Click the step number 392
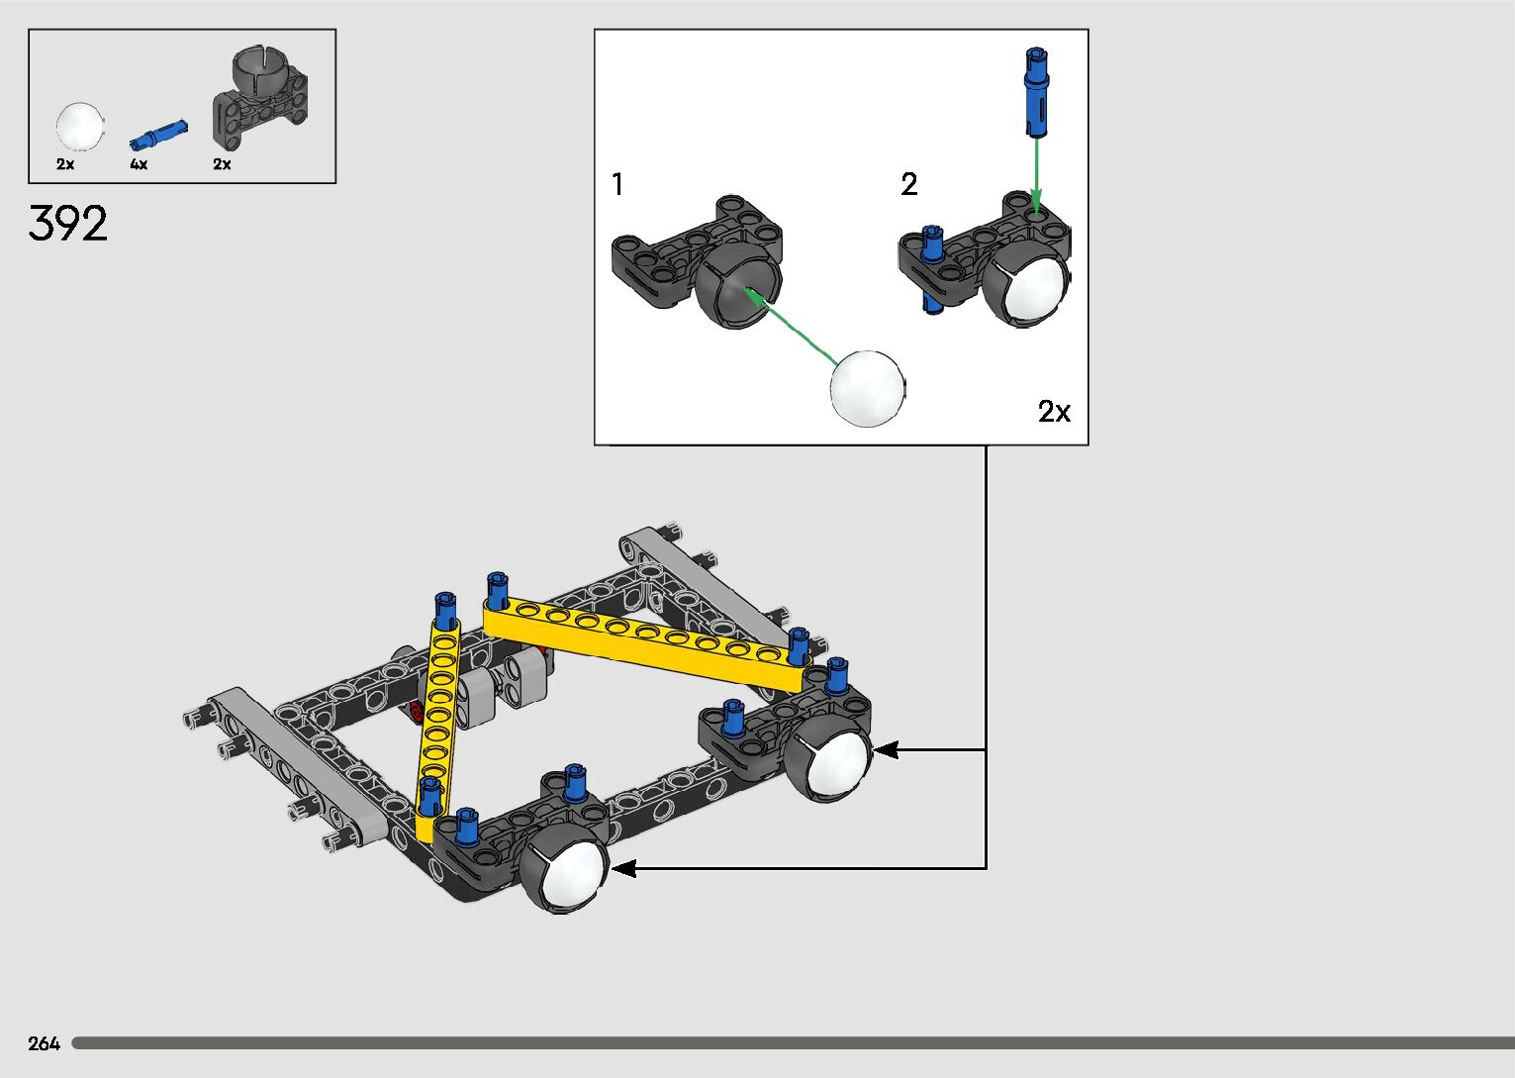(x=67, y=223)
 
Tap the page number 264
(x=44, y=1043)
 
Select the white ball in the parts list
(x=80, y=127)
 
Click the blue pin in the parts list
(x=158, y=135)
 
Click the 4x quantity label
(x=139, y=164)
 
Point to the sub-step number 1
(x=616, y=184)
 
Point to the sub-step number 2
(x=909, y=184)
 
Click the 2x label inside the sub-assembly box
(x=1054, y=411)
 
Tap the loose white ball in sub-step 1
(x=868, y=388)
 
